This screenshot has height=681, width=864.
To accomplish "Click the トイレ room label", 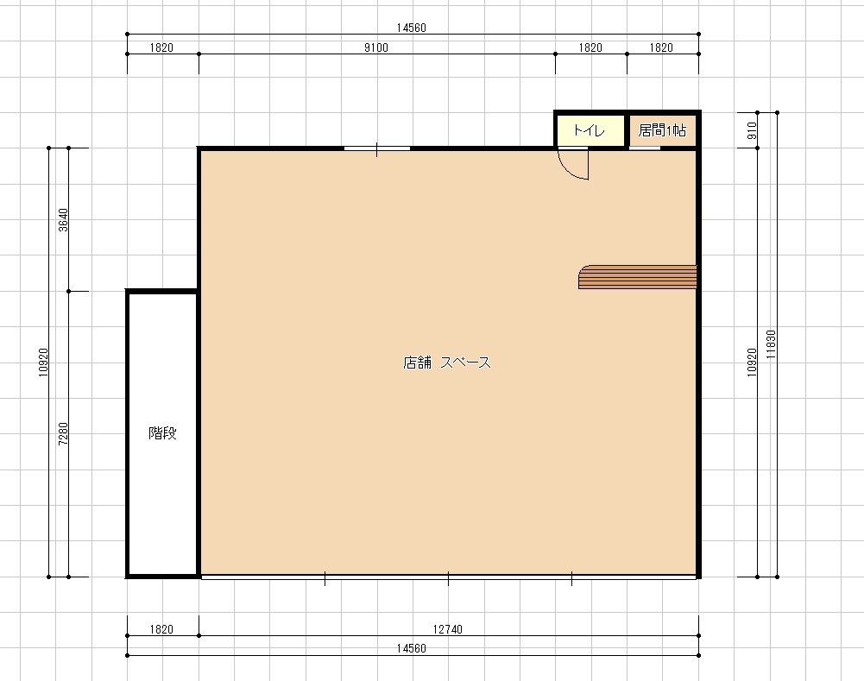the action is click(x=589, y=130).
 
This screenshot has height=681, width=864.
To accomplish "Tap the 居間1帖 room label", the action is click(x=662, y=130).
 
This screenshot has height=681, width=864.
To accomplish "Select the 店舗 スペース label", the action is click(x=447, y=362).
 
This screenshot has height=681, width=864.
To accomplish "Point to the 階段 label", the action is click(x=162, y=433).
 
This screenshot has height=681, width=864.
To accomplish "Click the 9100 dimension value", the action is click(x=375, y=48).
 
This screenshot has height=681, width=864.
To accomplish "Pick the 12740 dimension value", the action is click(x=447, y=629).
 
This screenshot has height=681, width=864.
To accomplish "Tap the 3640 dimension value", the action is click(x=63, y=220).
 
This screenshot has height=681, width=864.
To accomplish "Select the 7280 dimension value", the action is click(x=63, y=433).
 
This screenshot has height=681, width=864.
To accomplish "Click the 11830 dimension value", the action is click(x=772, y=344).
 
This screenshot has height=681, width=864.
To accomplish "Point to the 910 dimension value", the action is click(x=752, y=130).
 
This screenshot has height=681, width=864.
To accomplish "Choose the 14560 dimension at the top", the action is click(x=412, y=28).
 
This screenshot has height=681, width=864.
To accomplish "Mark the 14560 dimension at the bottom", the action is click(x=412, y=648).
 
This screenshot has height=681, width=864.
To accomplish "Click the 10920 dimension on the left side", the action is click(x=43, y=363).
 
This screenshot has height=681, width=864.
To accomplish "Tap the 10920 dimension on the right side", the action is click(x=752, y=363).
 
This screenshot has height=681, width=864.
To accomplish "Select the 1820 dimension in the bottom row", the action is click(x=161, y=629).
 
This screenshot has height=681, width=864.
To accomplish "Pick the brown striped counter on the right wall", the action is click(x=638, y=277).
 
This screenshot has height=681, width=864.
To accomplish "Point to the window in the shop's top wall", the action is click(x=377, y=148).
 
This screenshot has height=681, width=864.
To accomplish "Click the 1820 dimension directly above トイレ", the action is click(x=590, y=48).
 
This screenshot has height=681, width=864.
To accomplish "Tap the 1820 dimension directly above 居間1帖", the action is click(x=661, y=48).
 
